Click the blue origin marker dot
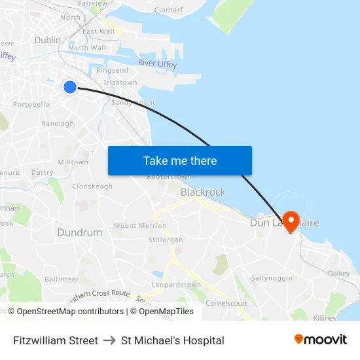(70, 87)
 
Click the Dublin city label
(47, 40)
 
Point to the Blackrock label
(203, 192)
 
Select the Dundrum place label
(80, 232)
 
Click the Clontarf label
(168, 10)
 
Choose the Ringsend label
(112, 70)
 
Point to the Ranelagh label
(58, 123)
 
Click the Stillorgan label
(166, 240)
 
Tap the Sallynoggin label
(272, 278)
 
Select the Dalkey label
(338, 273)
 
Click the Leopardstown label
(176, 285)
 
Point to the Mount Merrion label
(140, 226)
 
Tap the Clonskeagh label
(92, 186)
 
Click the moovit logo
(320, 340)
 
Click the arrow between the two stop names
(109, 340)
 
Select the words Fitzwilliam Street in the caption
(56, 340)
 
